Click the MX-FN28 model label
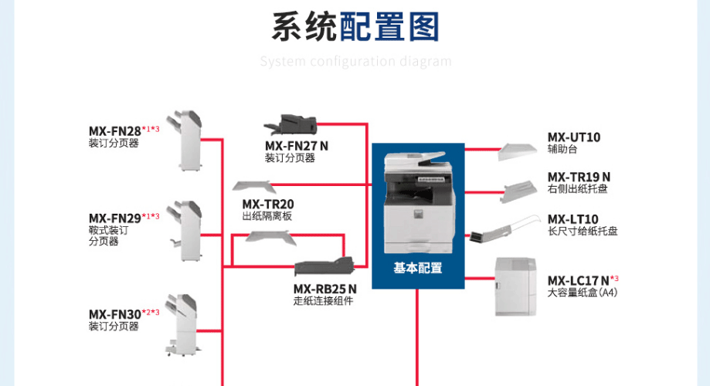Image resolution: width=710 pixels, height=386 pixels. (115, 131)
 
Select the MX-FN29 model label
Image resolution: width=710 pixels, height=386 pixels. (115, 218)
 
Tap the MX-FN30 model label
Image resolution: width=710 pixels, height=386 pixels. (115, 314)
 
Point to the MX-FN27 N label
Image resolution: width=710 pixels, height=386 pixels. (297, 146)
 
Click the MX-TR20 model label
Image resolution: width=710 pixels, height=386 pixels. (268, 204)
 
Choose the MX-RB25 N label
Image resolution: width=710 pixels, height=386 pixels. (324, 289)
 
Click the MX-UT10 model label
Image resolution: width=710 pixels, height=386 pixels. (574, 137)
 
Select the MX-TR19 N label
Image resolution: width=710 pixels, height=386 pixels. (579, 177)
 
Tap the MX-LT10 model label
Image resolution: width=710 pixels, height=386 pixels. (572, 219)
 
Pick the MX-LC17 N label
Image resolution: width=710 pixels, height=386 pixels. (578, 280)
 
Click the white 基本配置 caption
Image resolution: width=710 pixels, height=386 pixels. (417, 268)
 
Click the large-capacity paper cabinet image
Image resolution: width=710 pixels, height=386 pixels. (515, 286)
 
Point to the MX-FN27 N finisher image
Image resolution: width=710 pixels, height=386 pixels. (290, 124)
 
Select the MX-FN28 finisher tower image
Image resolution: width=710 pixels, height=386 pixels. (185, 141)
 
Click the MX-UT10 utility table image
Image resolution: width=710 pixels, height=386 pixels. (517, 151)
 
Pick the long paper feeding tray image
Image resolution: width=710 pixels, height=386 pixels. (504, 229)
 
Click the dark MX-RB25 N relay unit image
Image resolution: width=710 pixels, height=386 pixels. (324, 266)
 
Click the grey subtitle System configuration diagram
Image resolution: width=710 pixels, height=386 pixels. (356, 61)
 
